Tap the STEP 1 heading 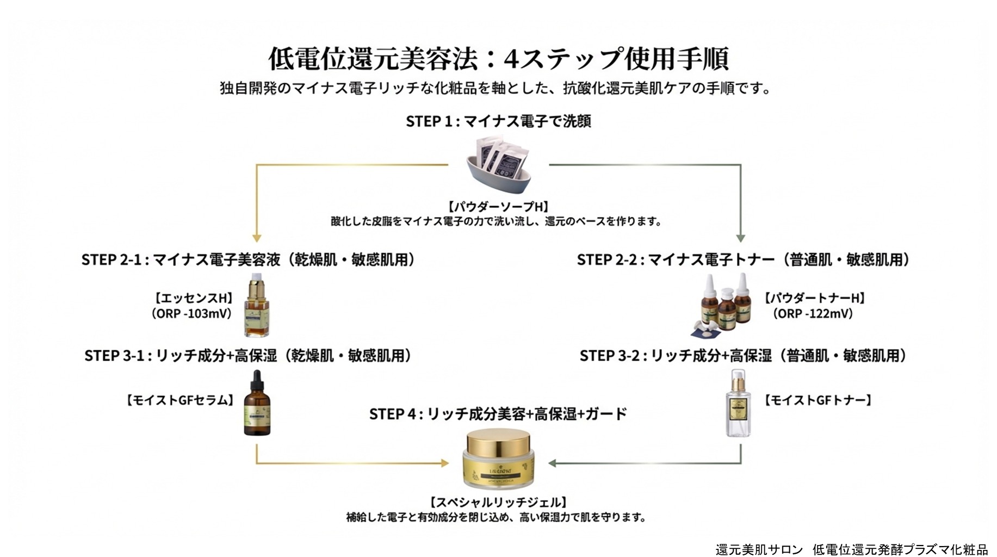click(498, 121)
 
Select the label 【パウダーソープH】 click(498, 207)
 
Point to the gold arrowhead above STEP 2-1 click(257, 238)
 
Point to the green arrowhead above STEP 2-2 click(740, 238)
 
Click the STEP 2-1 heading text click(248, 259)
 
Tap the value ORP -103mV click(191, 314)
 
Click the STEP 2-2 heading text click(743, 259)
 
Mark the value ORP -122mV click(814, 314)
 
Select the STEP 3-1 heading click(248, 356)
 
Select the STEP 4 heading click(498, 414)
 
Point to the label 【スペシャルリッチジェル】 click(498, 502)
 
